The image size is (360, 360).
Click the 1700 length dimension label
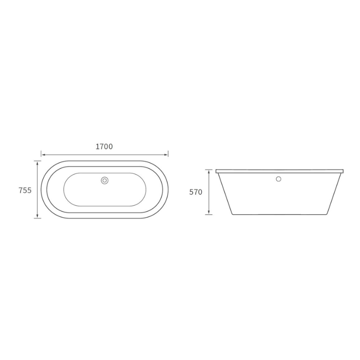click(x=104, y=147)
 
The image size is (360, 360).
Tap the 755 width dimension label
click(x=25, y=190)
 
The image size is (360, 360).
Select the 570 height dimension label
click(x=196, y=192)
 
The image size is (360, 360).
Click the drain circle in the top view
click(x=105, y=180)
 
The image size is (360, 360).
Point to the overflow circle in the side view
click(x=279, y=179)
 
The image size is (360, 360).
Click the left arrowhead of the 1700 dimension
click(x=43, y=155)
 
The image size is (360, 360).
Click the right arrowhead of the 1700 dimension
click(x=166, y=155)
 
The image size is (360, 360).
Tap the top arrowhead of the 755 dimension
click(x=37, y=163)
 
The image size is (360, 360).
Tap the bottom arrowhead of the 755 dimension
click(x=37, y=216)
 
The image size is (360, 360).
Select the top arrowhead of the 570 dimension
click(x=209, y=171)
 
